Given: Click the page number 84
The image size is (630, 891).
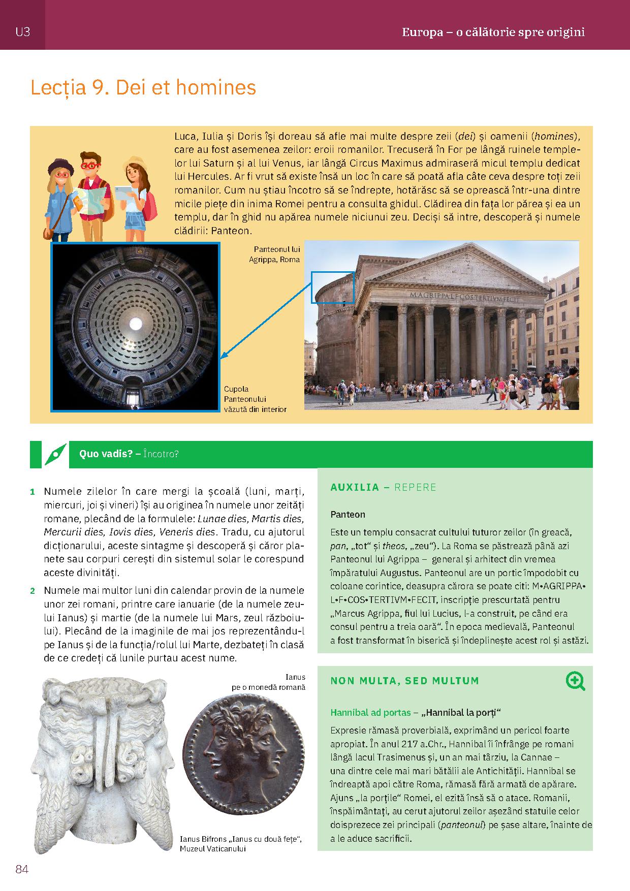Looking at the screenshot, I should [22, 869].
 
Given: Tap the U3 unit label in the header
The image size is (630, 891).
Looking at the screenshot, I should [23, 32].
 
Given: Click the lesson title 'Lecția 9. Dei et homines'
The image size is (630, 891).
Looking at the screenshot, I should [143, 88].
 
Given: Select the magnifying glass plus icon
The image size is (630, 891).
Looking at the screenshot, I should [575, 681].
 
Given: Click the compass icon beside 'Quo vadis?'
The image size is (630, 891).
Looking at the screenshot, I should [55, 454].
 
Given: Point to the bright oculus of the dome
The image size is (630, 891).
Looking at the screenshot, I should [136, 323].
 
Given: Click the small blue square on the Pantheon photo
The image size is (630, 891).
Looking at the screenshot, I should [332, 288].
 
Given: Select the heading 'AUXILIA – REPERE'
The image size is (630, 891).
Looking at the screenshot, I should [384, 487].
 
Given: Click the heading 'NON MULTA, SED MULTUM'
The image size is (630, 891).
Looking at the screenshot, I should [405, 681].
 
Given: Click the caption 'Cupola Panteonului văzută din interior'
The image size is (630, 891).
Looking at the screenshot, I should [255, 399].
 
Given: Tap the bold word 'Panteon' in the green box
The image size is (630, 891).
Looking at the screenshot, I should [348, 515].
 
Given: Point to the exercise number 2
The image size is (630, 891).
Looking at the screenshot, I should [33, 591].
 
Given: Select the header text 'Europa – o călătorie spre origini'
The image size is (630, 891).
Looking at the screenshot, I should [493, 33].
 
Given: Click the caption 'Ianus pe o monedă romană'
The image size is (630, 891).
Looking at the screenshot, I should [269, 682].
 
